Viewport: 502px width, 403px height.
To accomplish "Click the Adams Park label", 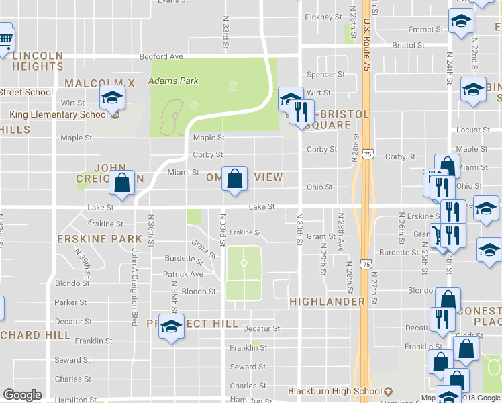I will tap(173, 81).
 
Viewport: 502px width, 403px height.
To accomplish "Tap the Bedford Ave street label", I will tap(161, 57).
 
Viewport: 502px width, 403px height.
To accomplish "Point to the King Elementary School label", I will tap(58, 114).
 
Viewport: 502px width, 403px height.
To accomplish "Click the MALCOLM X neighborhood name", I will tap(100, 83).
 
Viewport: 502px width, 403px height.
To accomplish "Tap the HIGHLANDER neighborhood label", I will tap(327, 302).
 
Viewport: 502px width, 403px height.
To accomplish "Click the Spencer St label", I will tap(325, 75).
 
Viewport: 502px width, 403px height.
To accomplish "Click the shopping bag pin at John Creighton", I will tap(122, 183).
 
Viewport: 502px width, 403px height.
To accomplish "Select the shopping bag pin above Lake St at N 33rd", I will tap(234, 180).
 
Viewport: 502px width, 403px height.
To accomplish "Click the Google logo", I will tap(22, 395).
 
